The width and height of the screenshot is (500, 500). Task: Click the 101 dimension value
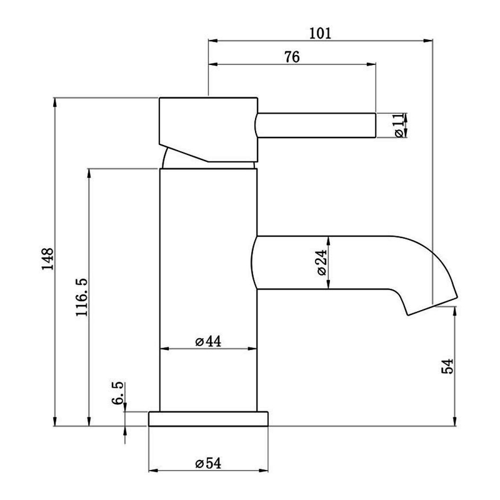pyautogui.click(x=320, y=34)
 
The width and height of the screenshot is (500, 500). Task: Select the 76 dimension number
pyautogui.click(x=292, y=57)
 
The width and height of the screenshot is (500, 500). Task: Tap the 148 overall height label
pyautogui.click(x=48, y=259)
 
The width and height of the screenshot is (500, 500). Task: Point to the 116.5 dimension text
pyautogui.click(x=82, y=297)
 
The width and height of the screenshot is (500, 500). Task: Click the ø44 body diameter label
pyautogui.click(x=208, y=341)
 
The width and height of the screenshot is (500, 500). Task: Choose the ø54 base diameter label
pyautogui.click(x=208, y=463)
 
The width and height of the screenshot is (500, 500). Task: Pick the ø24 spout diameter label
pyautogui.click(x=322, y=262)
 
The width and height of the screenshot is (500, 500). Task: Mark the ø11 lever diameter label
pyautogui.click(x=399, y=126)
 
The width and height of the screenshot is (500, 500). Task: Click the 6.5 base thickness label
pyautogui.click(x=117, y=393)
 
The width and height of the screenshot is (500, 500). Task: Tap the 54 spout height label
pyautogui.click(x=447, y=366)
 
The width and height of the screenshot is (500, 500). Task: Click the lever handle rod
pyautogui.click(x=316, y=126)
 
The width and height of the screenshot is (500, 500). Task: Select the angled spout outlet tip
pyautogui.click(x=432, y=306)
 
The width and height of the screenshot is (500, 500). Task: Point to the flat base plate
pyautogui.click(x=208, y=419)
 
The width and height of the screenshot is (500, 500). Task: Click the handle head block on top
pyautogui.click(x=208, y=129)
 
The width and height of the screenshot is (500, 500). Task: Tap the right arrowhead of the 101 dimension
pyautogui.click(x=428, y=41)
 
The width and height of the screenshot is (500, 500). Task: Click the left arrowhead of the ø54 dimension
pyautogui.click(x=154, y=471)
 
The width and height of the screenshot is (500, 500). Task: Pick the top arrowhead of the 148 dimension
pyautogui.click(x=55, y=102)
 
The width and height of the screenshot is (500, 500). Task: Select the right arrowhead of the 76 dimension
pyautogui.click(x=371, y=64)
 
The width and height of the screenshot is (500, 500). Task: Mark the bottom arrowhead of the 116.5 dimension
pyautogui.click(x=89, y=421)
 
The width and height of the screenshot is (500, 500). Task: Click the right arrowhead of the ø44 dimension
pyautogui.click(x=252, y=349)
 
